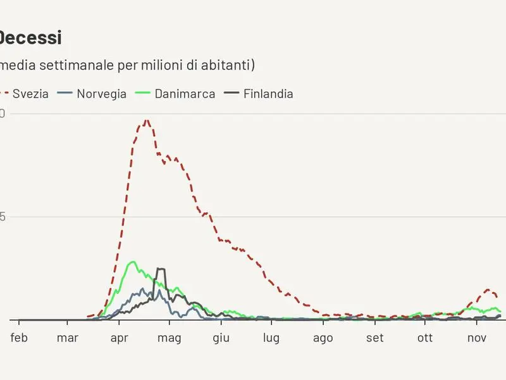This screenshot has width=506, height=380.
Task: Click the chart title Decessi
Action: coord(30,37)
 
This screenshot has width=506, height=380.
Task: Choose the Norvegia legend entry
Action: coord(101,94)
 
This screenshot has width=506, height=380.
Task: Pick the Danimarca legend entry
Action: coord(185,94)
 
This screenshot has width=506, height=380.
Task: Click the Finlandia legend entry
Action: coord(268,94)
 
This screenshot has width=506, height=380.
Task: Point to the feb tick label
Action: coord(20,338)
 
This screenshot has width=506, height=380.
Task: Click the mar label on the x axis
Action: coord(68,338)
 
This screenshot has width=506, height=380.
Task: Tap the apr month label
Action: coord(120,338)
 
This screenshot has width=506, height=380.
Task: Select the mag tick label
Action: coord(170,338)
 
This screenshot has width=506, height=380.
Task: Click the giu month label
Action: coord(221,338)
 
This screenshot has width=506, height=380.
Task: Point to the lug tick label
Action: coord(271,338)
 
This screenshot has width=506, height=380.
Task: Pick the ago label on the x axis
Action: coord(323,338)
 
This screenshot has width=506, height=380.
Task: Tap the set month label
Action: coord(375,338)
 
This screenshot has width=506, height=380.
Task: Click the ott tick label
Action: coord(425,338)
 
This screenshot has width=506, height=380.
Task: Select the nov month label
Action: coord(476,338)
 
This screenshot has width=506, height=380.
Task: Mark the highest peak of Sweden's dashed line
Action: coord(147,120)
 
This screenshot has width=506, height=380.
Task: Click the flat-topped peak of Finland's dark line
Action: coord(161,269)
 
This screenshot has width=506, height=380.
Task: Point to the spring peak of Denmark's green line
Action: coord(133,262)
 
